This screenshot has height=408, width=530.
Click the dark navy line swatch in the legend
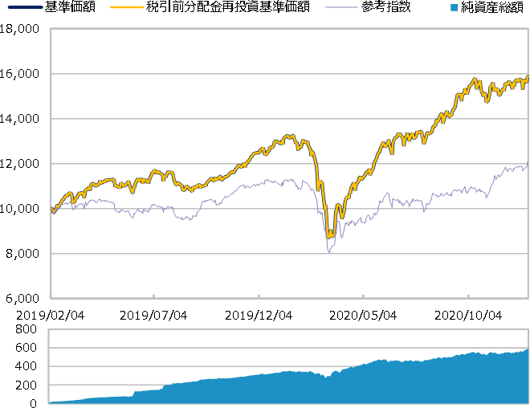tap(25, 7)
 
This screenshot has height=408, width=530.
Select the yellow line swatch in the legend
tap(127, 7)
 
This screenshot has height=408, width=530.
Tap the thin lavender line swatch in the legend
tap(341, 7)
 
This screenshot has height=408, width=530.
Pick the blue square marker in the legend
tap(455, 7)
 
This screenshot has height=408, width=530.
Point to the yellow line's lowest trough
tap(329, 236)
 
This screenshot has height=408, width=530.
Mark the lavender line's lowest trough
tap(328, 252)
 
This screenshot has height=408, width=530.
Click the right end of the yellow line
tap(528, 78)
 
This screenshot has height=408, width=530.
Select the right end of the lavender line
tap(527, 167)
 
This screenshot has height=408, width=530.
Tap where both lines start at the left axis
tap(52, 210)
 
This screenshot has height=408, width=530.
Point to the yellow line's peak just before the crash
tap(292, 136)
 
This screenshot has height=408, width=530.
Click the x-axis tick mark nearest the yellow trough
tap(363, 296)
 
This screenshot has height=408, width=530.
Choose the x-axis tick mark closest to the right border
tap(468, 296)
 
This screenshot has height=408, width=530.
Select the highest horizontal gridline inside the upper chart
tap(289, 74)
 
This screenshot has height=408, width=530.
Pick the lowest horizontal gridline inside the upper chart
tap(289, 254)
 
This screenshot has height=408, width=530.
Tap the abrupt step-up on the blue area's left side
tap(133, 393)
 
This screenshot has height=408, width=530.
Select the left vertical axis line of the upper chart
tap(51, 161)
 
